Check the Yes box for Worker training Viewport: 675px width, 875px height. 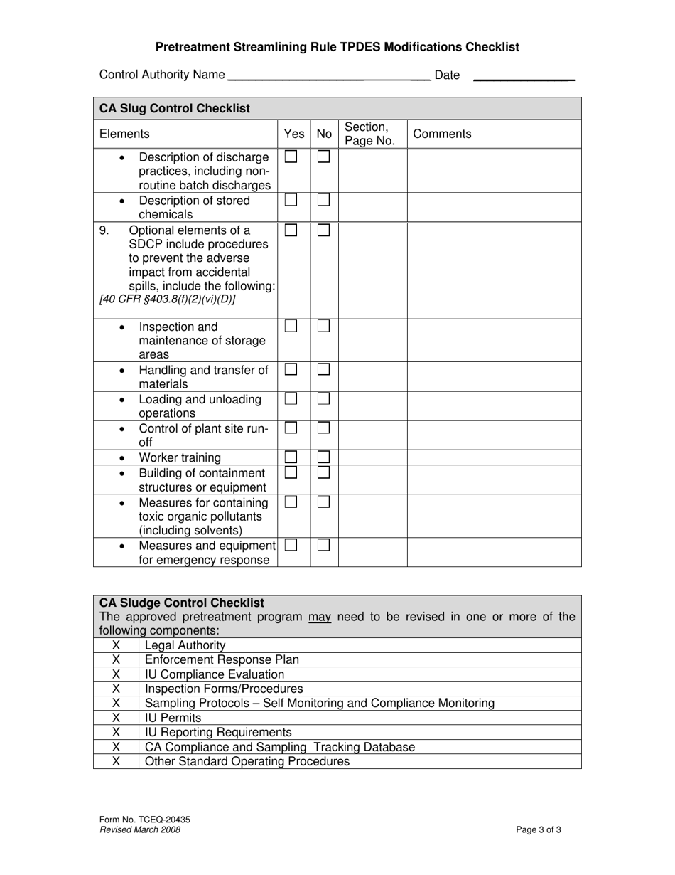coord(291,457)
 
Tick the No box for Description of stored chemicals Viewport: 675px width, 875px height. coord(323,200)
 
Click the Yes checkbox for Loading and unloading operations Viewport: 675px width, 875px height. coord(291,399)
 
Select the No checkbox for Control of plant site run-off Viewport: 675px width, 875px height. coord(323,428)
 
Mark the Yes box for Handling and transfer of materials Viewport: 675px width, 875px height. coord(291,369)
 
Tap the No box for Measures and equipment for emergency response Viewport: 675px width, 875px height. coord(323,546)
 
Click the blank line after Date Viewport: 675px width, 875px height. coord(523,75)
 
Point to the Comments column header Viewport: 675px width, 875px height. coord(442,134)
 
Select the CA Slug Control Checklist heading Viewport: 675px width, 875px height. coord(175,108)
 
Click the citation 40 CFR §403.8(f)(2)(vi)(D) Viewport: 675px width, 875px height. coord(168,299)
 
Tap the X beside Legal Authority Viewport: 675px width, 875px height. coord(116,645)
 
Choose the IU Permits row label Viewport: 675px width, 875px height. coord(173,718)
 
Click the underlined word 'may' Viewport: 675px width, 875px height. coord(320,617)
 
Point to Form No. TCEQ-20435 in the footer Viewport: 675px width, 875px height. coord(145,820)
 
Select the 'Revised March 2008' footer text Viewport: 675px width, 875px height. coord(140,829)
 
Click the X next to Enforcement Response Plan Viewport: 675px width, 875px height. coord(116,659)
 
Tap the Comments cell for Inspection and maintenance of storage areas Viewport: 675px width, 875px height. coord(494,340)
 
